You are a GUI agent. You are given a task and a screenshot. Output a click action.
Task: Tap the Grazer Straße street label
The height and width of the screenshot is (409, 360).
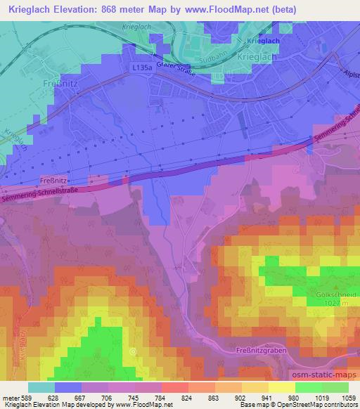pos(176,70)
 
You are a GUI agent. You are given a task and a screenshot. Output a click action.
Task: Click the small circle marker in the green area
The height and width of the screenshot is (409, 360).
pos(132,350)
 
